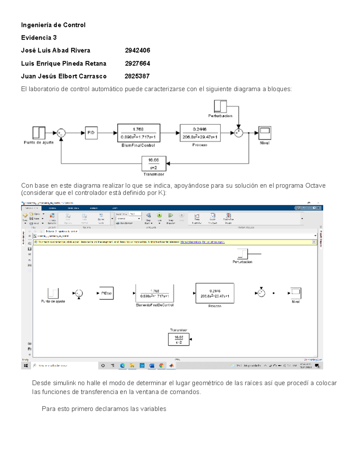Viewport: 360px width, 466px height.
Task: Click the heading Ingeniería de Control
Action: pos(53,25)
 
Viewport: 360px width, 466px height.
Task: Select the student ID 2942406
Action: pos(137,50)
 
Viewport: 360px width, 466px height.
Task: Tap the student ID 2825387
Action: pos(137,76)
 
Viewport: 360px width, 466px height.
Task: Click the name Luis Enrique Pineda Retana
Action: pos(64,63)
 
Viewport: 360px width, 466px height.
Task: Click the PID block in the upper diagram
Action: pos(91,133)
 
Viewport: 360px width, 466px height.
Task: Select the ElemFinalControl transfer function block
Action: pos(139,133)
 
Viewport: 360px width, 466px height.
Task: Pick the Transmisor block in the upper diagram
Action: pos(154,164)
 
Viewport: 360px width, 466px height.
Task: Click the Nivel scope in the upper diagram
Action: pos(265,132)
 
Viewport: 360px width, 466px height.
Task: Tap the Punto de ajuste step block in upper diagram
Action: pos(39,133)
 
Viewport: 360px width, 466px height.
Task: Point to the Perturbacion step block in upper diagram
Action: pos(220,106)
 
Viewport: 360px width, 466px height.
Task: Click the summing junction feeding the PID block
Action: pos(61,133)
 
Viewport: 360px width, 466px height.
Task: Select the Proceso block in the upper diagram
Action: pos(200,133)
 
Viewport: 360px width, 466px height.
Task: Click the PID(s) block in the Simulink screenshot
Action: pos(106,293)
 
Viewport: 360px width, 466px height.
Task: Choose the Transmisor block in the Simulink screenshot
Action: pos(179,339)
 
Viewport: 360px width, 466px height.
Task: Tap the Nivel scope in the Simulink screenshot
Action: pos(296,293)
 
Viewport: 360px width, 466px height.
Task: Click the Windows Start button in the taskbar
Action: pos(26,365)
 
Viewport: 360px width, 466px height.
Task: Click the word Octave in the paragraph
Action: pos(315,185)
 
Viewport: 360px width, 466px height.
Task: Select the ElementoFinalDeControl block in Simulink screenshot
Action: pos(154,293)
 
